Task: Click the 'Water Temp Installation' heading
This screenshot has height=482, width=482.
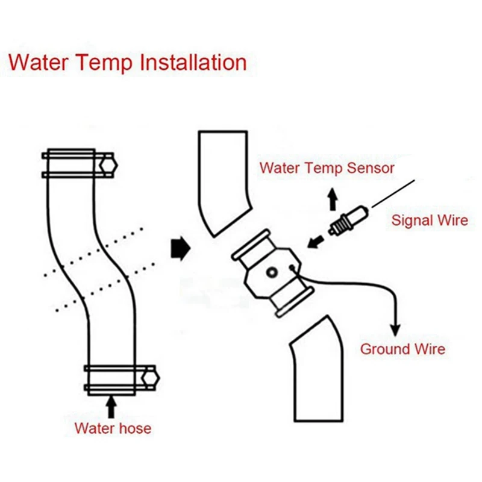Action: pyautogui.click(x=128, y=63)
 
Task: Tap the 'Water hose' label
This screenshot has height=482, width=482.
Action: pyautogui.click(x=113, y=429)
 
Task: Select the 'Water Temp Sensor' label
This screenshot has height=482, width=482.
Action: pyautogui.click(x=327, y=168)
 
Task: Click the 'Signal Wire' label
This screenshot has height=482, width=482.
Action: pyautogui.click(x=430, y=220)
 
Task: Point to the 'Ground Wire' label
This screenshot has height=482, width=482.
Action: pyautogui.click(x=402, y=349)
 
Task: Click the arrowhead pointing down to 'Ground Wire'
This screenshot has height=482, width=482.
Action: pyautogui.click(x=396, y=329)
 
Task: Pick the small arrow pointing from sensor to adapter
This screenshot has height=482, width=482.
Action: pyautogui.click(x=314, y=242)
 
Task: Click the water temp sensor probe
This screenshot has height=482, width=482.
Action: pyautogui.click(x=348, y=220)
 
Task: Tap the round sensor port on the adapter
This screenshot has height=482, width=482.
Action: pyautogui.click(x=272, y=273)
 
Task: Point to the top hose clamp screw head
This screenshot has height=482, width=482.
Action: pyautogui.click(x=108, y=164)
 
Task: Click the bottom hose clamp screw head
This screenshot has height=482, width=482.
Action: pyautogui.click(x=149, y=378)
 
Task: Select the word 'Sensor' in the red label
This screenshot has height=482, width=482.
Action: pyautogui.click(x=371, y=168)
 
